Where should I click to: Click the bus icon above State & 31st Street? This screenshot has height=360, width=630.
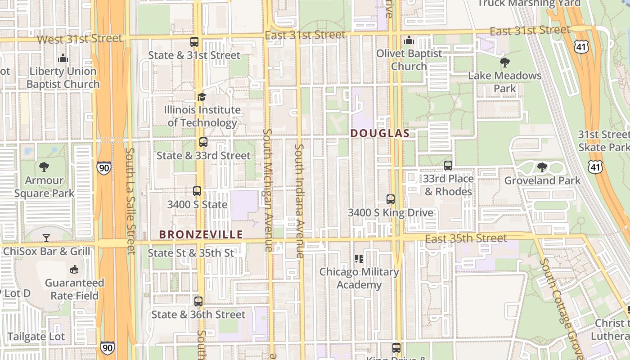[x=194, y=42]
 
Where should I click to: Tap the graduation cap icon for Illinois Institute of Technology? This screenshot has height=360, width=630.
[x=202, y=97]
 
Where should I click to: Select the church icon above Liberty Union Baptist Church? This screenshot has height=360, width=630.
[x=63, y=58]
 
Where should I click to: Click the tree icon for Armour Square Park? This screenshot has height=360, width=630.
[x=44, y=167]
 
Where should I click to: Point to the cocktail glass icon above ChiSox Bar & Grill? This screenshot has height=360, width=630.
[x=46, y=238]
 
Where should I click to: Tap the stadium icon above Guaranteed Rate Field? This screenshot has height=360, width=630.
[x=74, y=270]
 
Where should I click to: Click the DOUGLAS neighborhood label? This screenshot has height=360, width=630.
[x=380, y=133]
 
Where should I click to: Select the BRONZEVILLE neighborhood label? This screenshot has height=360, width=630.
[x=201, y=234]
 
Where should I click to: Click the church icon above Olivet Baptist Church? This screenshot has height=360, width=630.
[x=409, y=40]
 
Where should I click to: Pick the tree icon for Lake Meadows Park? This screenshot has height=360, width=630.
[x=504, y=63]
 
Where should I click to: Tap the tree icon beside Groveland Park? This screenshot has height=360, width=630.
[x=542, y=167]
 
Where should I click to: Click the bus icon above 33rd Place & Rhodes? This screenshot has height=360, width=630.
[x=448, y=165]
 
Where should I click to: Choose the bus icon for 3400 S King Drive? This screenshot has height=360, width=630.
[x=391, y=199]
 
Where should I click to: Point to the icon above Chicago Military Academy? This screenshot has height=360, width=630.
[x=359, y=258]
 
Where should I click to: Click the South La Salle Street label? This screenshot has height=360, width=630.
[x=130, y=201]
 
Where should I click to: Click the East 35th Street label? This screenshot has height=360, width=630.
[x=466, y=238]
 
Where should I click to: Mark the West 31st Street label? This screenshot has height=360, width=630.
[x=80, y=39]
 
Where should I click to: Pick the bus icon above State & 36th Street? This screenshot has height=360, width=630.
[x=198, y=301]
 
